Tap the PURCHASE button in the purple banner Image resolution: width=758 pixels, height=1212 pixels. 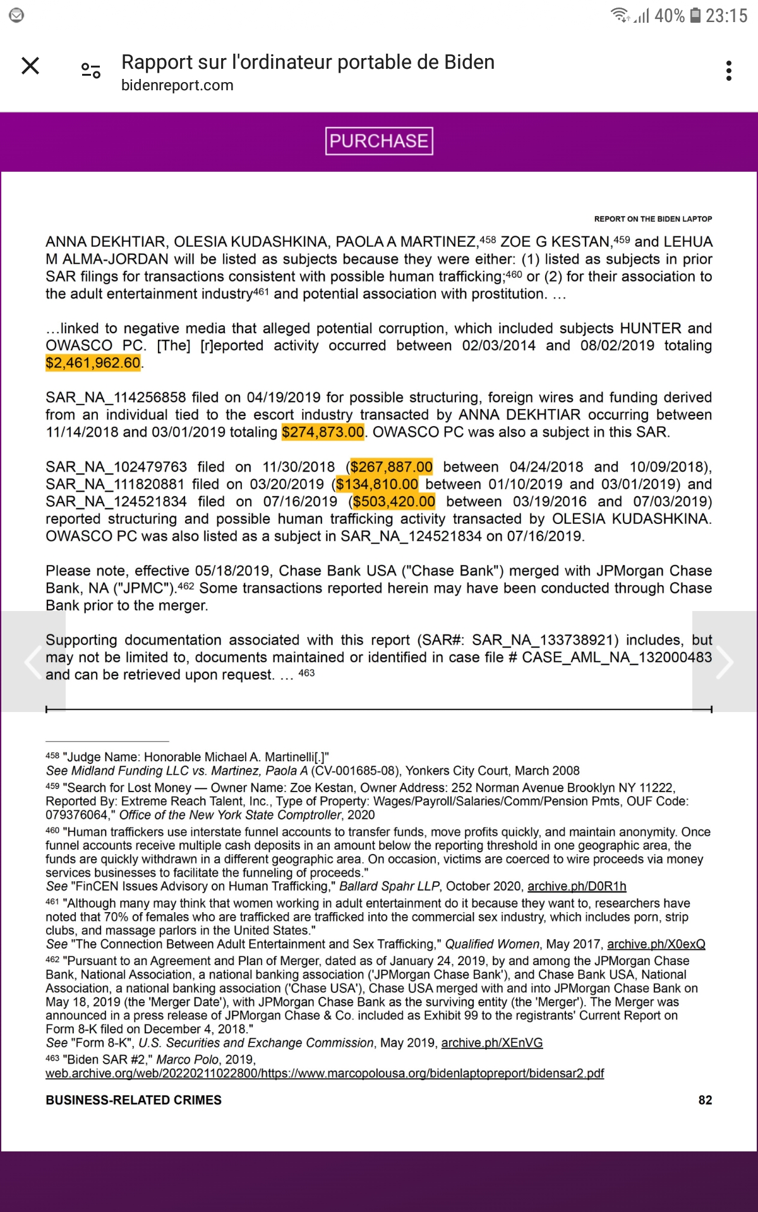pyautogui.click(x=379, y=141)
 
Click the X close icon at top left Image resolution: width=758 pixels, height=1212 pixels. pyautogui.click(x=30, y=66)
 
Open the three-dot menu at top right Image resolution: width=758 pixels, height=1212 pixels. pyautogui.click(x=729, y=71)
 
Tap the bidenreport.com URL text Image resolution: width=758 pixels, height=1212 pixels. pyautogui.click(x=177, y=85)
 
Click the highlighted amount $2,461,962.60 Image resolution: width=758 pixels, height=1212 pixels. pyautogui.click(x=93, y=363)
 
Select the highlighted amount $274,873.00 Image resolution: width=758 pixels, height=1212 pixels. pyautogui.click(x=323, y=432)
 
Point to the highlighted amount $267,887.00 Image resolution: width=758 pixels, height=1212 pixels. pyautogui.click(x=392, y=467)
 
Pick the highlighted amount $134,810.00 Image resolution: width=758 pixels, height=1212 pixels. pyautogui.click(x=377, y=484)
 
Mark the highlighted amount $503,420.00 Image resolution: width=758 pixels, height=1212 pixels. pyautogui.click(x=394, y=502)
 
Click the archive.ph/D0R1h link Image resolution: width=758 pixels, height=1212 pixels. pyautogui.click(x=577, y=886)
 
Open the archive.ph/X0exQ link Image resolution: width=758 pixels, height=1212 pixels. pyautogui.click(x=656, y=944)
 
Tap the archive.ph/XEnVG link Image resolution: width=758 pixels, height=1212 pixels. pyautogui.click(x=491, y=1043)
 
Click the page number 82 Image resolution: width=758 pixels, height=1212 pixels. pyautogui.click(x=705, y=1100)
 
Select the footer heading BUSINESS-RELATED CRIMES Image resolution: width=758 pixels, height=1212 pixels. pyautogui.click(x=133, y=1100)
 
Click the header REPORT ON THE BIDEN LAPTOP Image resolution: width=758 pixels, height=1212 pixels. pyautogui.click(x=653, y=219)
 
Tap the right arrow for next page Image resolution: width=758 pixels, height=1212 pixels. pyautogui.click(x=725, y=662)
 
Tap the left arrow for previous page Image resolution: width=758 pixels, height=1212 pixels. pyautogui.click(x=33, y=662)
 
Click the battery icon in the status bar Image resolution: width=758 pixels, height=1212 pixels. pyautogui.click(x=695, y=15)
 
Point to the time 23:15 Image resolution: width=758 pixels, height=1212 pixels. pyautogui.click(x=726, y=15)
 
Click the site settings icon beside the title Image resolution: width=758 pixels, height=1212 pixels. pyautogui.click(x=91, y=71)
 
